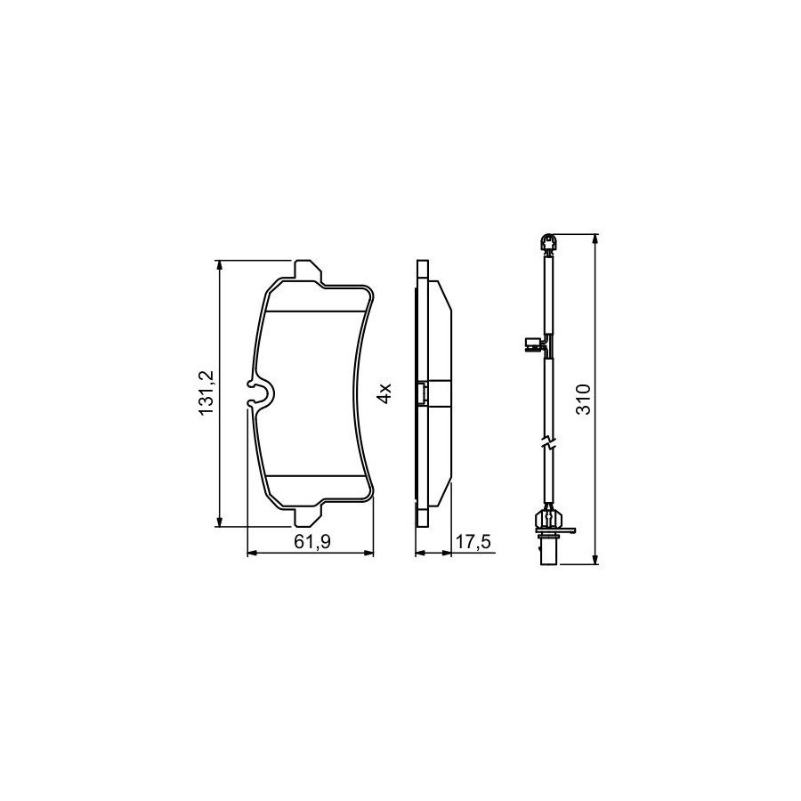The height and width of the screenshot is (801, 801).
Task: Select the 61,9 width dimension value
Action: [x=312, y=541]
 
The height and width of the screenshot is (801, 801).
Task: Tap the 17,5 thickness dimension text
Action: [x=473, y=541]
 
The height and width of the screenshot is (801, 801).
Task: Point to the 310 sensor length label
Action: [x=583, y=399]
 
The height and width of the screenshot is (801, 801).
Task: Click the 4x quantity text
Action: [x=384, y=392]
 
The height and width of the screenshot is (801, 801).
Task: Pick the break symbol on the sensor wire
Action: [x=548, y=443]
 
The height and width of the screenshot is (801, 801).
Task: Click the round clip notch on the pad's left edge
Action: [x=261, y=394]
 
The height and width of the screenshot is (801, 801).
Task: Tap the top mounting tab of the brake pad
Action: [x=309, y=271]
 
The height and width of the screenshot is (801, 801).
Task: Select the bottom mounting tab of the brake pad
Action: [x=309, y=514]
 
